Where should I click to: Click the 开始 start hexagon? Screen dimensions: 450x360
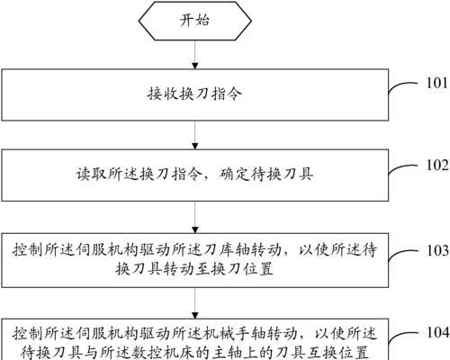tap(195, 21)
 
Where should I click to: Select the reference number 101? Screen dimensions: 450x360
tap(437, 83)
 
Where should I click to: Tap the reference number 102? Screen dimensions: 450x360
tap(437, 165)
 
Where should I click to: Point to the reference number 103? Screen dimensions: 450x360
tap(437, 250)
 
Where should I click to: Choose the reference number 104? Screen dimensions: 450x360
tap(437, 332)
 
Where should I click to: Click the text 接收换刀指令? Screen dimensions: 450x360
tap(194, 94)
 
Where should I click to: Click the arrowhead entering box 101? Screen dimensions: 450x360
tap(195, 66)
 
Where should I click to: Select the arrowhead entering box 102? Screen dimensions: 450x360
tap(195, 146)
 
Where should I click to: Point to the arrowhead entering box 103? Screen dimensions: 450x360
tap(195, 229)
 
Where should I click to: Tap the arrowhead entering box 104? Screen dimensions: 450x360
tap(195, 315)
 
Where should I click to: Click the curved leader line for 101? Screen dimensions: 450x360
tap(401, 85)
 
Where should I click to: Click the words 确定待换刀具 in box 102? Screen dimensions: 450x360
tap(265, 174)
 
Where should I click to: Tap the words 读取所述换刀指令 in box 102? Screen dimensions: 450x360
tap(139, 174)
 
